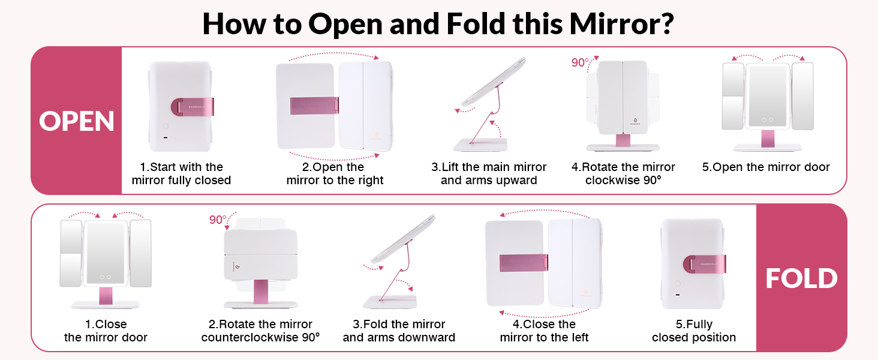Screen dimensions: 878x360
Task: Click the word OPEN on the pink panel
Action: tap(76, 121)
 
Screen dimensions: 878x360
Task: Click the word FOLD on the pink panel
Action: tap(802, 278)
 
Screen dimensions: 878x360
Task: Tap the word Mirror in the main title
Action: tap(622, 24)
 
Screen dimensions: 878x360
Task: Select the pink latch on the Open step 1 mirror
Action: tap(193, 107)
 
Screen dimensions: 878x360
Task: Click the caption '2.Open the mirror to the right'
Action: tap(335, 173)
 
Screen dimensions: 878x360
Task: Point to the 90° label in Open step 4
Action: tap(580, 62)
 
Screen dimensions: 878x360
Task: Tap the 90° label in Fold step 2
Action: tap(218, 220)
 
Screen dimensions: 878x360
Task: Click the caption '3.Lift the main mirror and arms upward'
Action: tap(489, 173)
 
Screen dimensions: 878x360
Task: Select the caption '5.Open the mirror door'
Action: tap(766, 167)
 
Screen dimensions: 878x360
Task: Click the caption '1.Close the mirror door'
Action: tap(106, 331)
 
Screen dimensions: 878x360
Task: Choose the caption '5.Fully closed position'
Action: tap(694, 331)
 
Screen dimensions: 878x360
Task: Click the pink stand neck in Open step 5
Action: tap(768, 139)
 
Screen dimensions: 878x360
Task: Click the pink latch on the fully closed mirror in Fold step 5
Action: tap(704, 264)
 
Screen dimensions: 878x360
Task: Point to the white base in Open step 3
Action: tap(480, 145)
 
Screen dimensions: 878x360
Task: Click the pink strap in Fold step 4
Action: tap(524, 263)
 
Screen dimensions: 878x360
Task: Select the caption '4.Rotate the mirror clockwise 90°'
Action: tap(623, 173)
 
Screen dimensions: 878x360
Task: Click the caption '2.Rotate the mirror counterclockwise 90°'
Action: tap(261, 331)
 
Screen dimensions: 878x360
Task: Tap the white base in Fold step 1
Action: tap(106, 305)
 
